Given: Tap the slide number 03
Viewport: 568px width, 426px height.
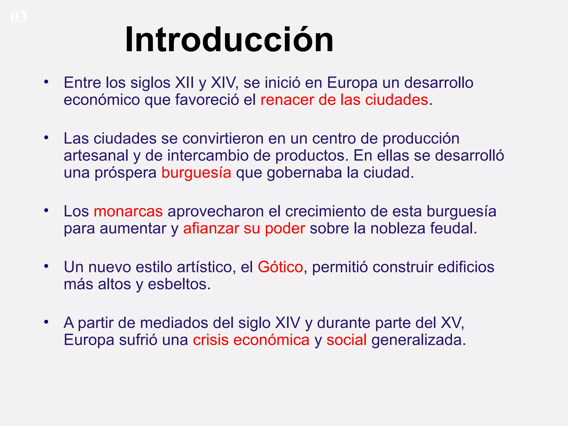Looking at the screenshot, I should click(19, 17).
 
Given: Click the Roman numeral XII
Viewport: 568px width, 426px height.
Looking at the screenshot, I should click(184, 83).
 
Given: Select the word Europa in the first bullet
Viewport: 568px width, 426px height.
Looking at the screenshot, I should click(352, 83).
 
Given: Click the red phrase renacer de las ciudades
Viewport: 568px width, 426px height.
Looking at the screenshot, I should click(344, 100).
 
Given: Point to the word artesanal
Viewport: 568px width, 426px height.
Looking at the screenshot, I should click(96, 156).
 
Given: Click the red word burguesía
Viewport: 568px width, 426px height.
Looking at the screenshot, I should click(196, 173).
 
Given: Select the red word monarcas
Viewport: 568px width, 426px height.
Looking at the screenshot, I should click(128, 211).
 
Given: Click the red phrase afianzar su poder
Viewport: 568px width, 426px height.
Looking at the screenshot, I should click(244, 229).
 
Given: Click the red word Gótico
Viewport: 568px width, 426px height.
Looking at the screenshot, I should click(280, 267).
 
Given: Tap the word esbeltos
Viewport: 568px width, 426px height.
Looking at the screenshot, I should click(179, 284).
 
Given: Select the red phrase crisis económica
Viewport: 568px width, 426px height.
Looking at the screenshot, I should click(251, 340).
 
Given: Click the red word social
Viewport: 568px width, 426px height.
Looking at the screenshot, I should click(346, 340).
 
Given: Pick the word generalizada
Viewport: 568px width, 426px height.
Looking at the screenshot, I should click(419, 340).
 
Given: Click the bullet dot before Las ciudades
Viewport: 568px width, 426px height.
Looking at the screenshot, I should click(46, 138).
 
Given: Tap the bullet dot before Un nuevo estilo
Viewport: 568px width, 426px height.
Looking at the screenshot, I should click(46, 266).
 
